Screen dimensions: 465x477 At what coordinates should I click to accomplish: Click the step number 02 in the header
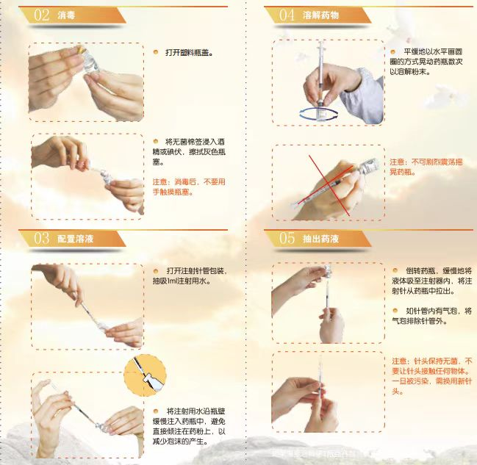[x=41, y=15]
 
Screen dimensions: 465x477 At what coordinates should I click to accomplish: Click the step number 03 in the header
[x=41, y=238]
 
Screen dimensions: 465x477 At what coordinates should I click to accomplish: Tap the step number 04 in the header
[x=287, y=15]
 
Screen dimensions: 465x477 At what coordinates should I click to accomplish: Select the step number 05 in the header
[x=287, y=238]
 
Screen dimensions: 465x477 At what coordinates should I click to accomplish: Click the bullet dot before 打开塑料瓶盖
[x=156, y=52]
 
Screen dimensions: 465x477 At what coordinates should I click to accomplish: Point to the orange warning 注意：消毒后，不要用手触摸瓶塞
[x=189, y=187]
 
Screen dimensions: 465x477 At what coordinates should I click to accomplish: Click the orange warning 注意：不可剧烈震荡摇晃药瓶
[x=428, y=166]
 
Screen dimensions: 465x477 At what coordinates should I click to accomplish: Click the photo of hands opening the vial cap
[x=86, y=80]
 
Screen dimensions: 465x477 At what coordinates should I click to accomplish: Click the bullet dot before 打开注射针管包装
[x=156, y=270]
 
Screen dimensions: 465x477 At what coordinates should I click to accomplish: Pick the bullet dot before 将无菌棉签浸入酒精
[x=156, y=140]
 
